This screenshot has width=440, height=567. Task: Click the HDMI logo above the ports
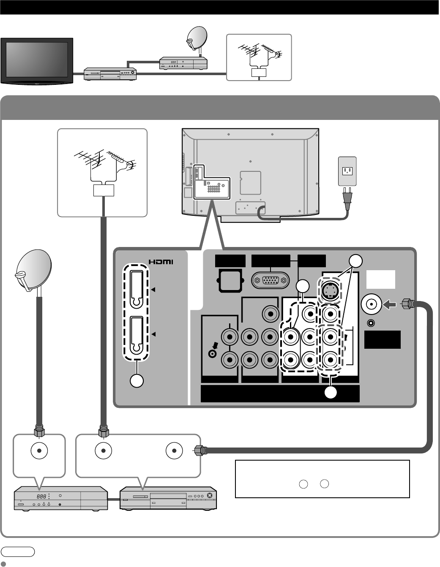click(x=161, y=262)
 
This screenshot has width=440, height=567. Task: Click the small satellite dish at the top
click(x=197, y=37)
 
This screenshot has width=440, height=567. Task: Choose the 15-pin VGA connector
click(x=271, y=280)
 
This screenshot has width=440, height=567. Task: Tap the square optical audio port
click(x=230, y=280)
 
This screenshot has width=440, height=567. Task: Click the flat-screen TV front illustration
click(x=37, y=60)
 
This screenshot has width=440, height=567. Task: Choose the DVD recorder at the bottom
click(x=169, y=499)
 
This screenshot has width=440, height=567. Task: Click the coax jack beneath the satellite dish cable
click(x=39, y=451)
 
